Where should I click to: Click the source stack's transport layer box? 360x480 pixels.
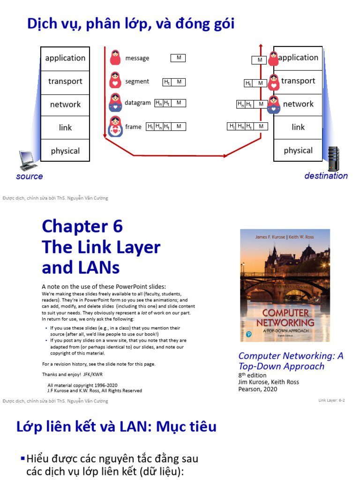[65, 82]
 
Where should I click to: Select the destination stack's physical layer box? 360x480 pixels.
[298, 150]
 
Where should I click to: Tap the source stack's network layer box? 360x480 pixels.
[65, 105]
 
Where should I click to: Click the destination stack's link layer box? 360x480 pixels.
[298, 127]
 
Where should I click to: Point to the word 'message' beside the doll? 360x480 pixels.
[137, 58]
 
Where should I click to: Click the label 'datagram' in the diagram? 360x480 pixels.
[138, 103]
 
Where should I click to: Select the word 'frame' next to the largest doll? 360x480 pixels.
[133, 127]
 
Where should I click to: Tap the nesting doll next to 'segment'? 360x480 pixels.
[115, 81]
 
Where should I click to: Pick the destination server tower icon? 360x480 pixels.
[334, 158]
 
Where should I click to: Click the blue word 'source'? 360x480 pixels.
[29, 177]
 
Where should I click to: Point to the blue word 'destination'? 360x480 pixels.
[326, 176]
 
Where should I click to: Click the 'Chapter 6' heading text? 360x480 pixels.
[82, 226]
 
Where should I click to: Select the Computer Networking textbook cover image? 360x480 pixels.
[285, 285]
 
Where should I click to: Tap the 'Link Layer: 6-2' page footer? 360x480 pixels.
[331, 400]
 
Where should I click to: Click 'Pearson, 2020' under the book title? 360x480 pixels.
[258, 389]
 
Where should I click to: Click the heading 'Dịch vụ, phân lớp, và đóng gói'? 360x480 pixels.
[131, 23]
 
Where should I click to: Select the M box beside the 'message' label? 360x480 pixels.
[178, 58]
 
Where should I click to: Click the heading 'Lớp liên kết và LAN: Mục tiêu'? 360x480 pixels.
[117, 427]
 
